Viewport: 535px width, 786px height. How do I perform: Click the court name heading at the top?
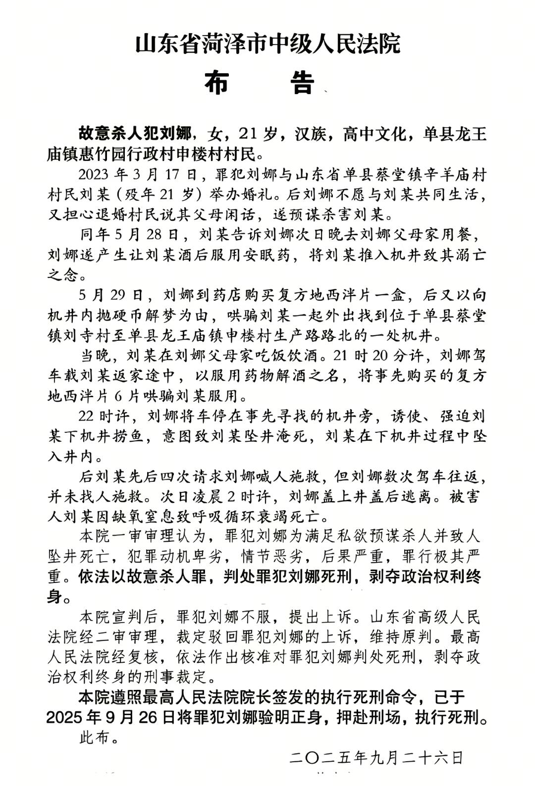tap(267, 44)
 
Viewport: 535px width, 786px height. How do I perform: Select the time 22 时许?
tap(106, 416)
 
